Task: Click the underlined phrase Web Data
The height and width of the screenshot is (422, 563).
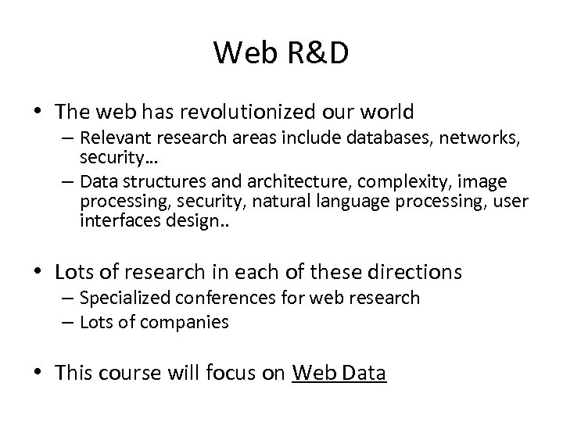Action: [339, 373]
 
